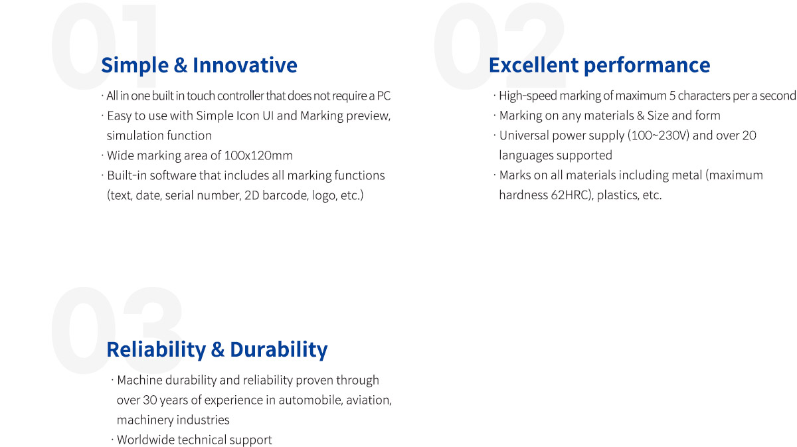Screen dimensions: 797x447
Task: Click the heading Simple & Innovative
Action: [x=199, y=65]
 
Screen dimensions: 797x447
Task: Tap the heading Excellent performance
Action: [x=600, y=65]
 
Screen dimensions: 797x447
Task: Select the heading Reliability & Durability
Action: [x=217, y=349]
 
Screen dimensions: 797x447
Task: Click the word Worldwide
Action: [x=145, y=440]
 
